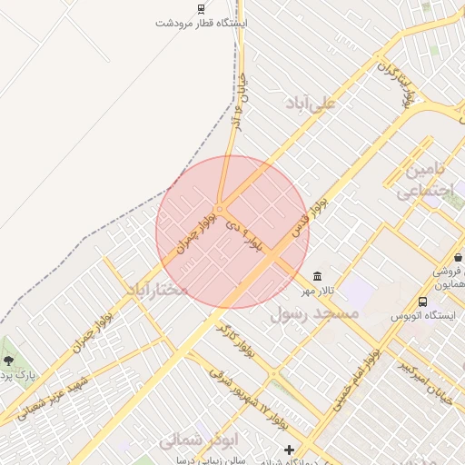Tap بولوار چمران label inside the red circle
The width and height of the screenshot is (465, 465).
pyautogui.click(x=197, y=232)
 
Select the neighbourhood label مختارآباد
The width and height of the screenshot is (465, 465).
pyautogui.click(x=156, y=290)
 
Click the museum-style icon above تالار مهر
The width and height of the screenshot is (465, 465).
pyautogui.click(x=316, y=276)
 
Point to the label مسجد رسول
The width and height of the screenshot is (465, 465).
pyautogui.click(x=315, y=313)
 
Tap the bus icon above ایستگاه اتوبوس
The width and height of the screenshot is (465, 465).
pyautogui.click(x=422, y=302)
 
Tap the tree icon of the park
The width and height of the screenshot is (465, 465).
pyautogui.click(x=9, y=361)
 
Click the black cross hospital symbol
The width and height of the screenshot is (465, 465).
pyautogui.click(x=289, y=450)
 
